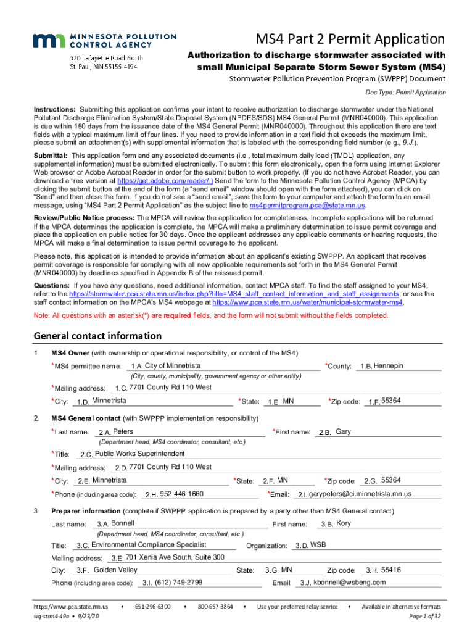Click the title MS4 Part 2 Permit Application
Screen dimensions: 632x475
[x=350, y=39]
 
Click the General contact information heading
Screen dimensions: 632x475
[x=97, y=336]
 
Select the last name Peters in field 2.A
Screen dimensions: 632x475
[x=123, y=431]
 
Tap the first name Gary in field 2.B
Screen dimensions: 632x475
[x=344, y=431]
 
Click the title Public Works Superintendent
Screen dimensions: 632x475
[x=140, y=454]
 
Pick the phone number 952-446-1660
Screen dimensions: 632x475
[x=181, y=494]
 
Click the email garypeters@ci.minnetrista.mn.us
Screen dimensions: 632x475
[x=360, y=494]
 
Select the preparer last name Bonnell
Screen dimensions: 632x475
[x=123, y=523]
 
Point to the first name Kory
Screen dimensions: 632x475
[x=344, y=523]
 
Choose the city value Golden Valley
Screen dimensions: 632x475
[x=115, y=570]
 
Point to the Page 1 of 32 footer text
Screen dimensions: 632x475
[x=425, y=616]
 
